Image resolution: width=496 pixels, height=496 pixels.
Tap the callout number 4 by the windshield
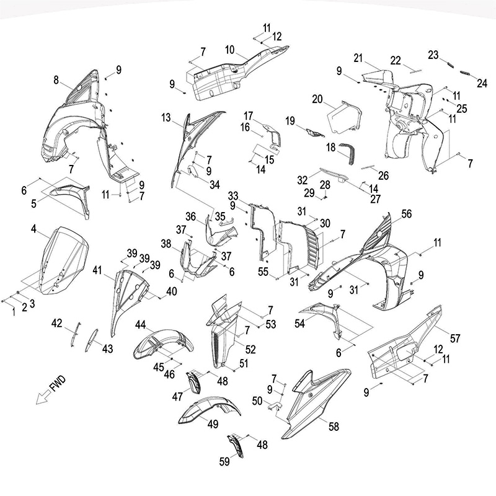pos(33,229)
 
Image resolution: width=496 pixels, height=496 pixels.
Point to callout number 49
pos(213,424)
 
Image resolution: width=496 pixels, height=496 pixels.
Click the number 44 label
pos(140,325)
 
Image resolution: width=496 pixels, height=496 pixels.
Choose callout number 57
pos(455,339)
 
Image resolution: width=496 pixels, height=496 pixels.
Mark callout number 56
pos(406,213)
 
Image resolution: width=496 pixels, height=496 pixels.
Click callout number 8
pos(57,80)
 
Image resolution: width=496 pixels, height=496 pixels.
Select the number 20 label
pos(317,99)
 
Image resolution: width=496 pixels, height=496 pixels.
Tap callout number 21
pos(358,58)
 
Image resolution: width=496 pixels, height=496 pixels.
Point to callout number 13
pos(166,117)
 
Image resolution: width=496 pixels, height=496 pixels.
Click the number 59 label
pos(224,461)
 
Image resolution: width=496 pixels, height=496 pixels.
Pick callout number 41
pos(97,270)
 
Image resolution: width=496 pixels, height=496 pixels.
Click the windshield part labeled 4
pos(59,260)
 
